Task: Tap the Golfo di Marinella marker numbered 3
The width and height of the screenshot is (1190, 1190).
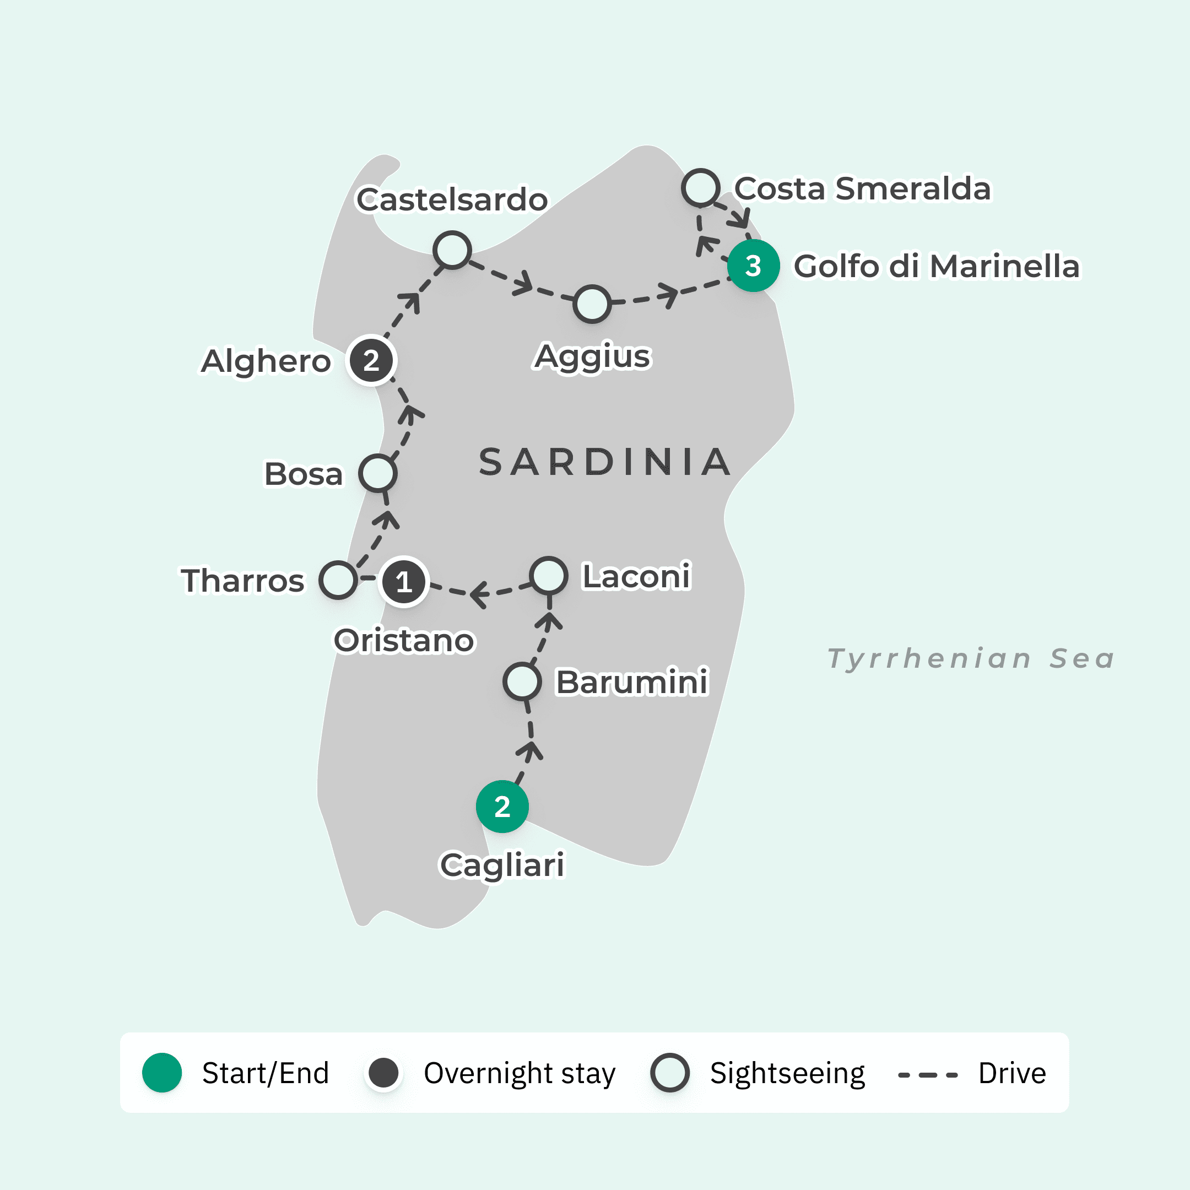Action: pyautogui.click(x=753, y=266)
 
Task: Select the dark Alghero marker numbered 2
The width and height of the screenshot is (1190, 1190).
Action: pyautogui.click(x=371, y=360)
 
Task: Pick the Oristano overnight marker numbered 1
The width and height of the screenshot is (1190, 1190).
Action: pyautogui.click(x=403, y=581)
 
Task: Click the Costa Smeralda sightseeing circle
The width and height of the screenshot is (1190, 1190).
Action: pyautogui.click(x=701, y=187)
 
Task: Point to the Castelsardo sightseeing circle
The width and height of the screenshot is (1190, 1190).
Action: pyautogui.click(x=452, y=250)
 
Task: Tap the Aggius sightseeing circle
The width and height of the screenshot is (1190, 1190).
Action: pyautogui.click(x=592, y=304)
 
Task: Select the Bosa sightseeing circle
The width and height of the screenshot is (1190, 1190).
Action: pyautogui.click(x=377, y=473)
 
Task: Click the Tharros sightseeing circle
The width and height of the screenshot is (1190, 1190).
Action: pyautogui.click(x=338, y=580)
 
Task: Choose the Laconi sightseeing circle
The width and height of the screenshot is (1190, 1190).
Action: pyautogui.click(x=549, y=575)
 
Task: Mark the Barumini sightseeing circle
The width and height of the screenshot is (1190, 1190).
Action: pyautogui.click(x=522, y=681)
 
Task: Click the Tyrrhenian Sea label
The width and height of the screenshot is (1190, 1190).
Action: pyautogui.click(x=971, y=658)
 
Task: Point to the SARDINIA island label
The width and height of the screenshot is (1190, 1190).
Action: pyautogui.click(x=605, y=463)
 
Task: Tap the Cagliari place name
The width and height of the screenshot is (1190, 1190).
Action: pyautogui.click(x=502, y=865)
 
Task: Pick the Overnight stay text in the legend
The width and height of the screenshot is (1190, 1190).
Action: pyautogui.click(x=519, y=1073)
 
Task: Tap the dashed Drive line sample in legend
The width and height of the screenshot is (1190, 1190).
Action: pyautogui.click(x=928, y=1075)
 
